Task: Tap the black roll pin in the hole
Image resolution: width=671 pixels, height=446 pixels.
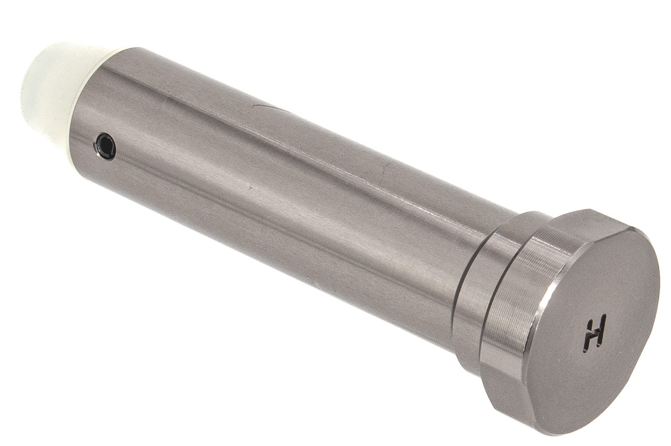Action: tap(105, 147)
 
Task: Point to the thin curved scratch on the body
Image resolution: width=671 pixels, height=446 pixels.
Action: tap(267, 107)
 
